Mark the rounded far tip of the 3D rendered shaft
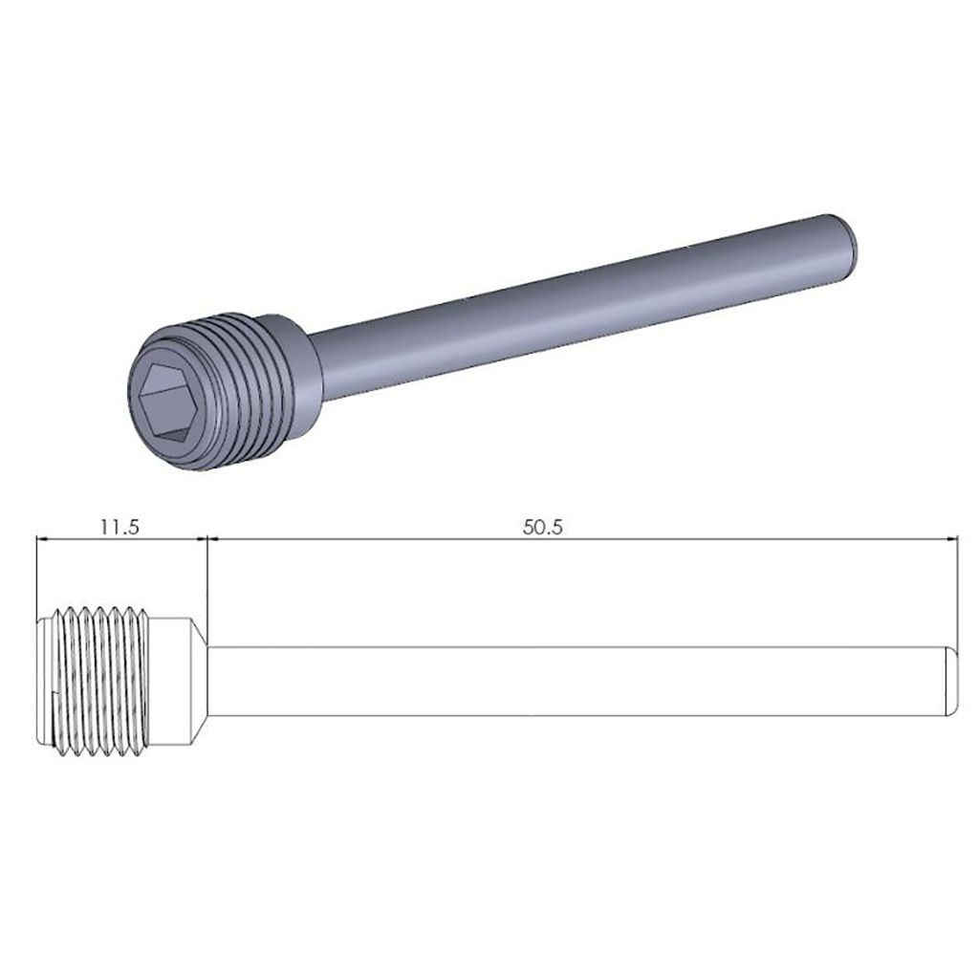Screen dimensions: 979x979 tap(848, 240)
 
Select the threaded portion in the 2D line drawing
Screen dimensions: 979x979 tap(100, 681)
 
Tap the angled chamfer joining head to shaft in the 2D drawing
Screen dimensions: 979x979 tap(197, 681)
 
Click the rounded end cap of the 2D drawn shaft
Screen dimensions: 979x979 tap(951, 681)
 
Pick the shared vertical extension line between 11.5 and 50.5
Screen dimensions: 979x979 tap(207, 583)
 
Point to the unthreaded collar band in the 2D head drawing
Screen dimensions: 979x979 tap(172, 681)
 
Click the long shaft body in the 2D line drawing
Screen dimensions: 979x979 tap(574, 681)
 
